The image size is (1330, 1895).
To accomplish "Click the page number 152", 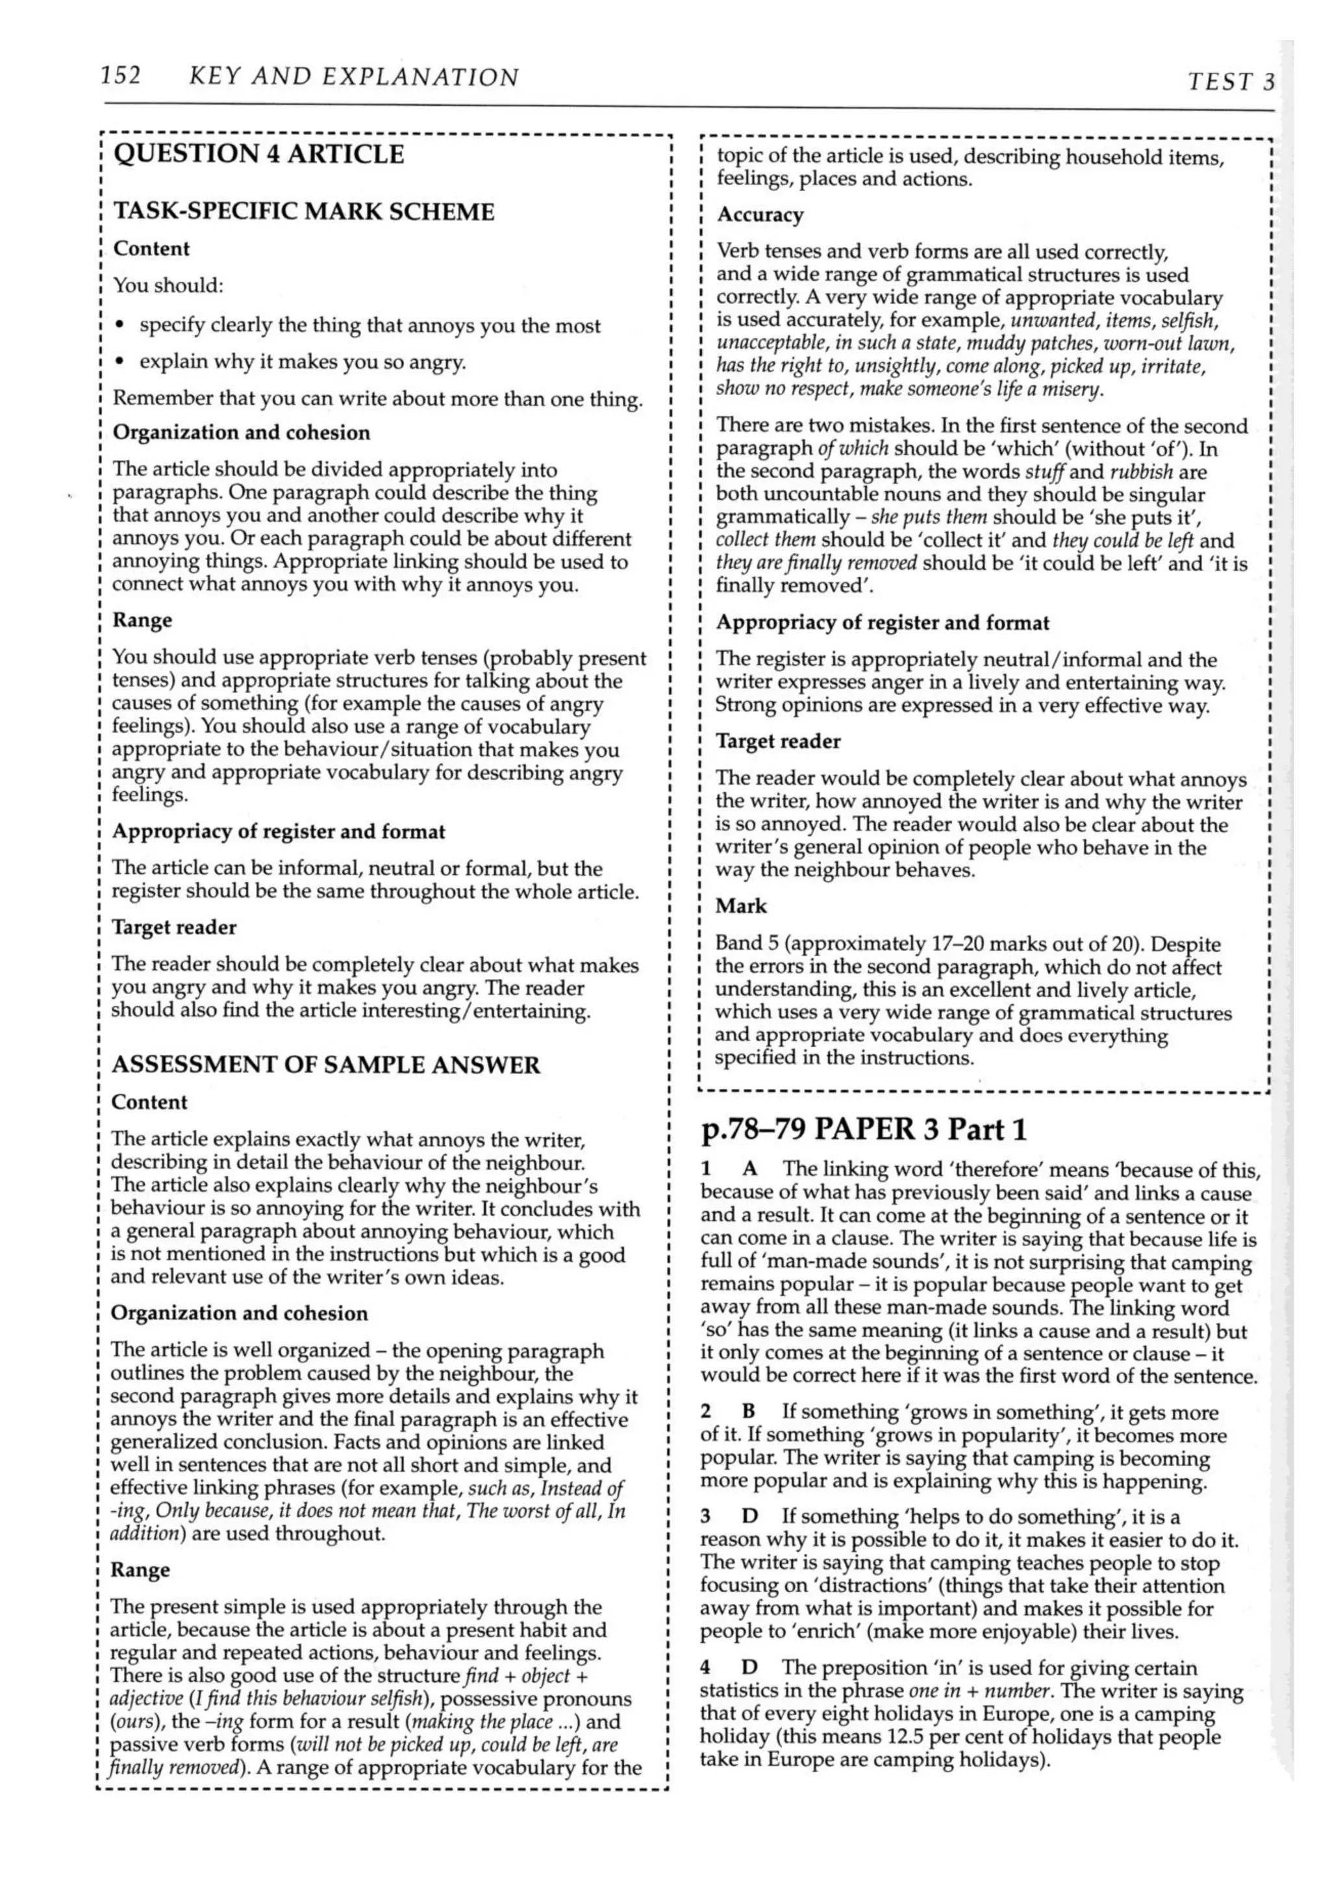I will click(x=120, y=76).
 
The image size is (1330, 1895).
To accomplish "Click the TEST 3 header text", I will click(x=1231, y=81).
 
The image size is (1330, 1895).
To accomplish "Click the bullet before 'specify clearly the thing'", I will click(x=119, y=327).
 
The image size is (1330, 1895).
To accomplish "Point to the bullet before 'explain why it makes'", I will click(x=119, y=363).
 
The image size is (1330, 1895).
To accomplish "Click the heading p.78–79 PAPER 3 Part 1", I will click(x=863, y=1128).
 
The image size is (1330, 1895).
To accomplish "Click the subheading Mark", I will click(x=741, y=906).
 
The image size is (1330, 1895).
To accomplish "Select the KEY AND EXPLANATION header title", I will click(x=353, y=77).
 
